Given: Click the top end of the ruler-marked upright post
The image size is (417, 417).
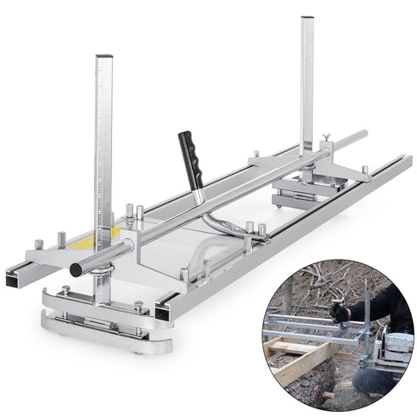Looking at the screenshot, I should click(104, 59).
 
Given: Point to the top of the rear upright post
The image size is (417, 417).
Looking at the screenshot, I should click(307, 20).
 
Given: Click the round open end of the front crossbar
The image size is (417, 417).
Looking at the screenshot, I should click(76, 270).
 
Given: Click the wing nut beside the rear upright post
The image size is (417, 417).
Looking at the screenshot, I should click(326, 139).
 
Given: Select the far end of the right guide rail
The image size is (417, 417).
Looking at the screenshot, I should click(406, 160).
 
